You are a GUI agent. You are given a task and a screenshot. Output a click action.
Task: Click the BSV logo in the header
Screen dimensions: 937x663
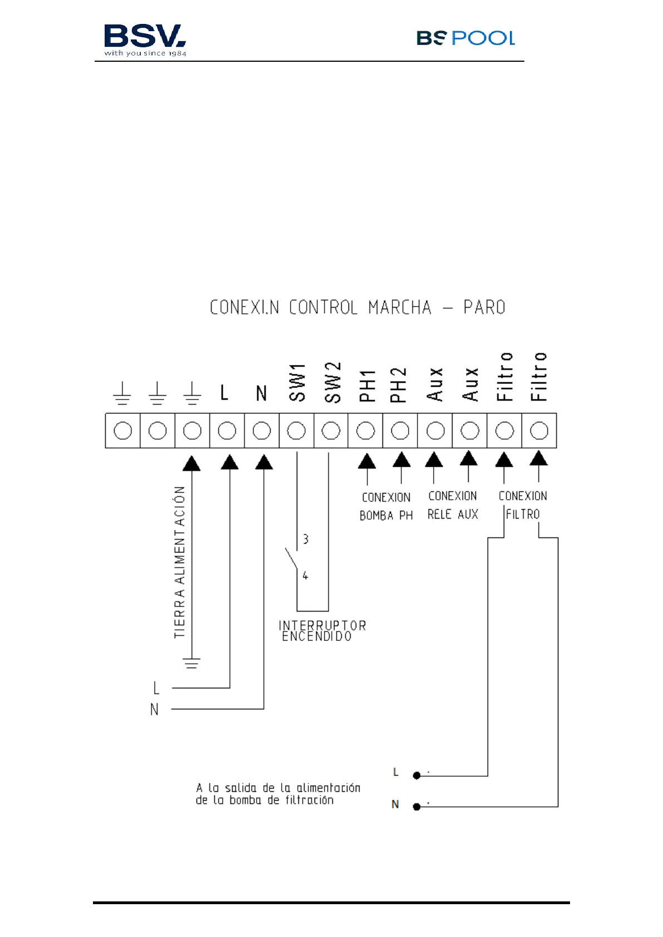145,40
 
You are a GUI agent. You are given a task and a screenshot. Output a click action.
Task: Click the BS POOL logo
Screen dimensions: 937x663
465,38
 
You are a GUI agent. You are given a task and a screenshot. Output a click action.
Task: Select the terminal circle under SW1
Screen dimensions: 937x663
297,431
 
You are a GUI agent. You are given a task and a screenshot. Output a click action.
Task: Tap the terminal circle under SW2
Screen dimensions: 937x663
331,431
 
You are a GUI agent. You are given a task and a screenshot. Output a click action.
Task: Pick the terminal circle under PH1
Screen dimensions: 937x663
366,431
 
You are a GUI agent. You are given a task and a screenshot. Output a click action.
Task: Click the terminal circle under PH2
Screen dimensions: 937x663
400,431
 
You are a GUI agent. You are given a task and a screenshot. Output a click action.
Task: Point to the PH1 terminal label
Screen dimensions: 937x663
367,386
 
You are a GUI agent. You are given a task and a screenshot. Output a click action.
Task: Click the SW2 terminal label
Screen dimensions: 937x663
332,382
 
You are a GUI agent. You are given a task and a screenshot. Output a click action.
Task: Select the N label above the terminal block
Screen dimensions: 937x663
262,393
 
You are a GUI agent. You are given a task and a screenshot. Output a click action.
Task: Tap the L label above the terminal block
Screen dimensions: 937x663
224,393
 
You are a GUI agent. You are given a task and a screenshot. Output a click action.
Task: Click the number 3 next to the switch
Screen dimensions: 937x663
306,539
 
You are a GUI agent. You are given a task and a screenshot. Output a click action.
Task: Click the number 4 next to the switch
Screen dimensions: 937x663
305,575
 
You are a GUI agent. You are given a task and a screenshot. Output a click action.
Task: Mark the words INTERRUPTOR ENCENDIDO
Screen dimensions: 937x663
322,631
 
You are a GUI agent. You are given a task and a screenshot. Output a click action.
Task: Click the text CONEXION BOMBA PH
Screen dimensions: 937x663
386,506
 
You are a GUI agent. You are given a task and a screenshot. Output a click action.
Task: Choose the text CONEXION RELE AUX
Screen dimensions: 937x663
453,505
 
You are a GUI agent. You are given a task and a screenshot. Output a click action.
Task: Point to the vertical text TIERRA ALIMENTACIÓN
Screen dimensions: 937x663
179,562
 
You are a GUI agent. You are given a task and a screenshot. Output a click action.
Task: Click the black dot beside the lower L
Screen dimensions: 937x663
416,776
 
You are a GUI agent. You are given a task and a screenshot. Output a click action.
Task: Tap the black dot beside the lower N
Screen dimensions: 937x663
416,807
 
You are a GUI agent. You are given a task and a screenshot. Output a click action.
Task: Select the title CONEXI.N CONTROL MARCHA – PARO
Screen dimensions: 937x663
357,308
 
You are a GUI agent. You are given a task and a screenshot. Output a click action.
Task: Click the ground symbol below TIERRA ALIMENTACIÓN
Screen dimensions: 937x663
191,663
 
